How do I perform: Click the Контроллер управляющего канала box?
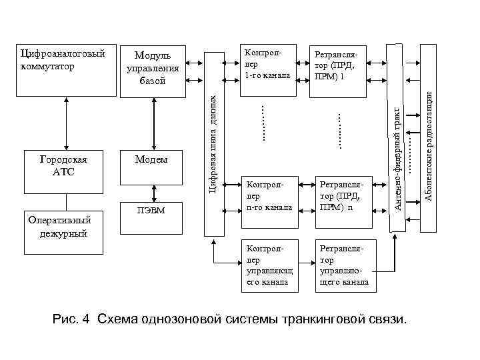pos(267,265)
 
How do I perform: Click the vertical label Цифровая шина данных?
pos(213,143)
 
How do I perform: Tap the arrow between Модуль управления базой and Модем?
pos(152,123)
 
